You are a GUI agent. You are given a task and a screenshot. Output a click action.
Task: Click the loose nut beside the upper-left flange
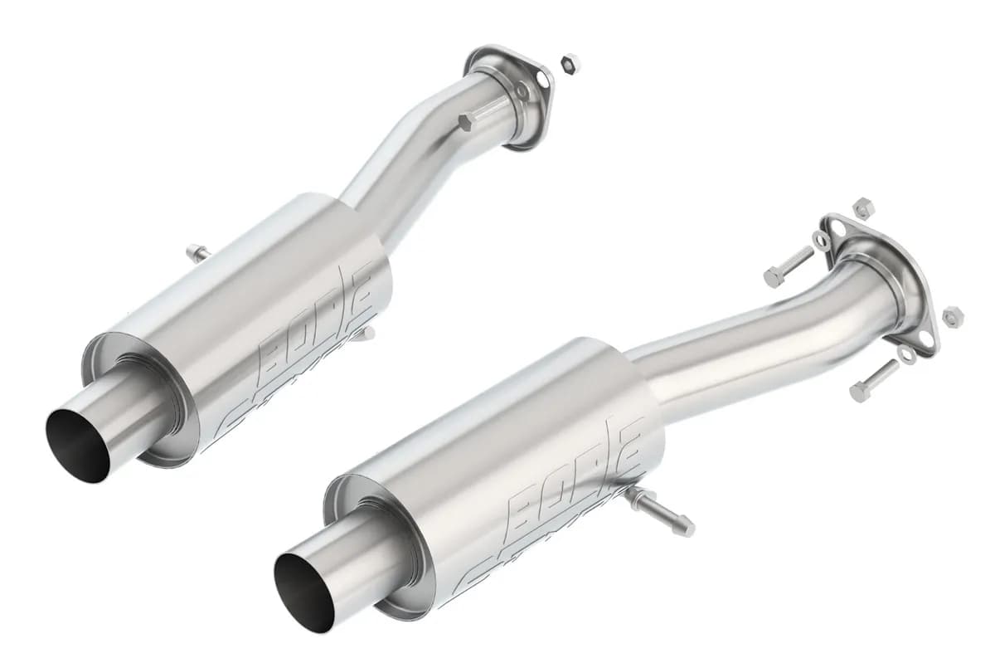tap(570, 63)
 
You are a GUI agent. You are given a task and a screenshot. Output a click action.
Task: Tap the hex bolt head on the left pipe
tap(465, 123)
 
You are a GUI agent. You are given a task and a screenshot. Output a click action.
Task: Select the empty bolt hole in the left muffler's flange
tap(542, 78)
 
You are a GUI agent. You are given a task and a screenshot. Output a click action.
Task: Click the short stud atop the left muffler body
tap(197, 253)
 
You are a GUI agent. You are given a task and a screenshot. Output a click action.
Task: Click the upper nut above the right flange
tap(863, 207)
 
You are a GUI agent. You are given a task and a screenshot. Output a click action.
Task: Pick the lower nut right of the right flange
tap(953, 315)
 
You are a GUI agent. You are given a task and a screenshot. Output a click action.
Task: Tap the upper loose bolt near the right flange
tap(788, 266)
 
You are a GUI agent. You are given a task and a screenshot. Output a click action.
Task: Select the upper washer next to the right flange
tap(821, 241)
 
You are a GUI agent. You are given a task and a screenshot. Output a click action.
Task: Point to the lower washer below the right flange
tap(908, 355)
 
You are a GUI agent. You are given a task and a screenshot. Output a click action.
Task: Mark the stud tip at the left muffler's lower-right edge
tap(366, 334)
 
